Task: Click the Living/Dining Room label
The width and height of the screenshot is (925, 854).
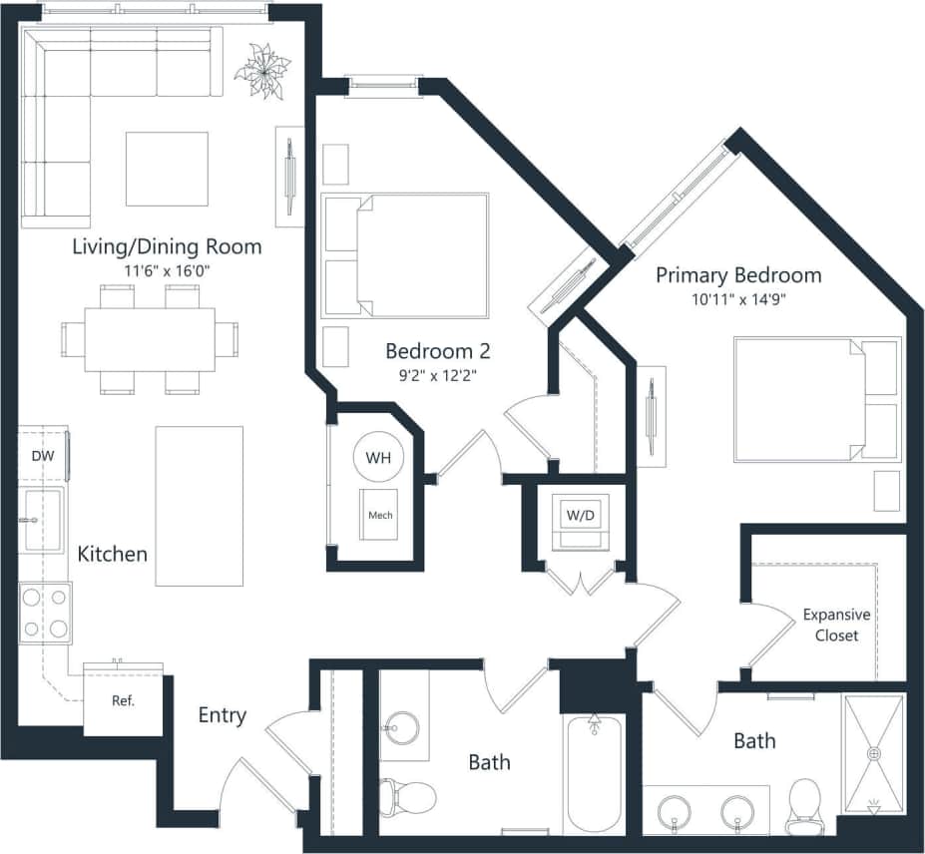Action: tap(167, 246)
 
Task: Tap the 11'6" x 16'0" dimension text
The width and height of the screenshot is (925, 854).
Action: tap(167, 270)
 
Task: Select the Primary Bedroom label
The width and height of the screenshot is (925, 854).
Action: tap(737, 275)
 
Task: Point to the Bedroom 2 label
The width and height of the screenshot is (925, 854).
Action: tap(437, 351)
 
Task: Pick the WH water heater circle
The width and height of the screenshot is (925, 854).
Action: tap(378, 458)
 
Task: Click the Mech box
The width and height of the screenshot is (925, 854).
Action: tap(379, 515)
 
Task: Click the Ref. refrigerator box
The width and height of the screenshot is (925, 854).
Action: tap(123, 701)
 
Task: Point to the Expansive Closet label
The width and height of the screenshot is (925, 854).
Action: tap(836, 626)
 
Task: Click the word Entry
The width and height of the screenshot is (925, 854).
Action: tap(222, 715)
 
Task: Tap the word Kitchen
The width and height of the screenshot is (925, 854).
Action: tap(113, 553)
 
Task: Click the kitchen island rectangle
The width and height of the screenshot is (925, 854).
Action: tap(199, 506)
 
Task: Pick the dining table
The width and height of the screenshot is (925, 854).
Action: tap(150, 339)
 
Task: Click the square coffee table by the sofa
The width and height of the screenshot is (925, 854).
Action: tap(167, 169)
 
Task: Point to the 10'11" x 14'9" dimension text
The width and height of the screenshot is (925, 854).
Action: tap(737, 299)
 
